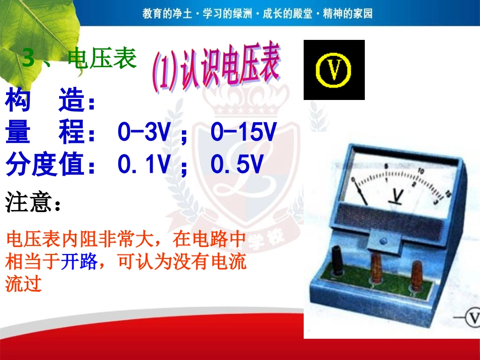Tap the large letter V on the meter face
click(398, 196)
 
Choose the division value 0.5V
click(237, 165)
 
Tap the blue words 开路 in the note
click(76, 262)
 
